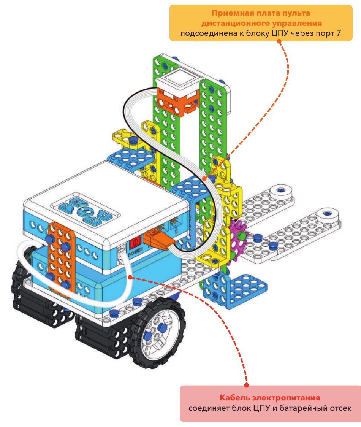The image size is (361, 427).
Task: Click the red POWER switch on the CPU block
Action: point(135,242)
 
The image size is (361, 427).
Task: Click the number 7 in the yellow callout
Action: point(339,33)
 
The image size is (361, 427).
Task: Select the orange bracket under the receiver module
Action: point(177,102)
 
